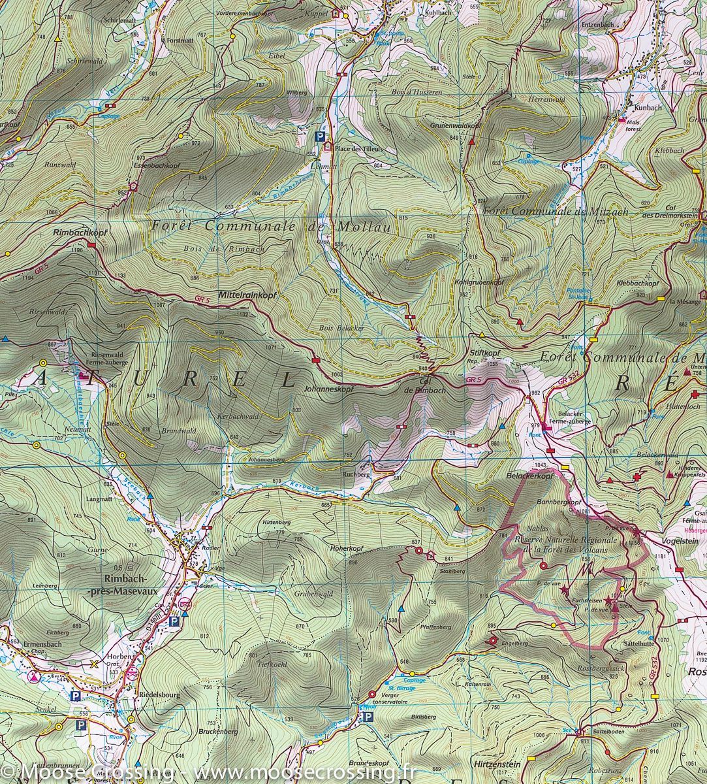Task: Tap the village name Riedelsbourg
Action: point(159,695)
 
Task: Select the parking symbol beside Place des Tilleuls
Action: point(319,137)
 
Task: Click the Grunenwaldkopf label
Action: point(454,125)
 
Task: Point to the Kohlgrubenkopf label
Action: point(479,282)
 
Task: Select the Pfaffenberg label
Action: point(437,627)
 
